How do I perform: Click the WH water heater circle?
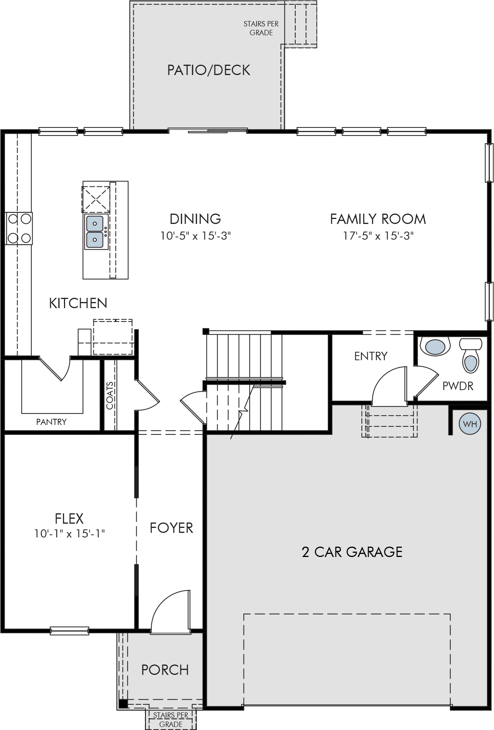coord(470,424)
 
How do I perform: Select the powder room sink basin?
coord(435,347)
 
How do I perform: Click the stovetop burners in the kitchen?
coord(19,229)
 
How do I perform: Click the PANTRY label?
coord(51,422)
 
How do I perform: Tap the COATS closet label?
coord(110,395)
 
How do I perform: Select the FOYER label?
coord(171,528)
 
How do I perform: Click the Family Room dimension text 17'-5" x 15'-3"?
coord(378,235)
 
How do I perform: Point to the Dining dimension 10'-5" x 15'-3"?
coord(195,235)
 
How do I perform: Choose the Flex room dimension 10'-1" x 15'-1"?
coord(70,534)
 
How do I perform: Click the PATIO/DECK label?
coord(209,70)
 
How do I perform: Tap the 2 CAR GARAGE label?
coord(352,552)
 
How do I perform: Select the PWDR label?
coord(458,386)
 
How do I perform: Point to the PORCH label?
coord(165,670)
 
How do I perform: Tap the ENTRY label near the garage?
coord(371,356)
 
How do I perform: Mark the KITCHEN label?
coord(78,303)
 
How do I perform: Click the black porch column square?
coord(123,703)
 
